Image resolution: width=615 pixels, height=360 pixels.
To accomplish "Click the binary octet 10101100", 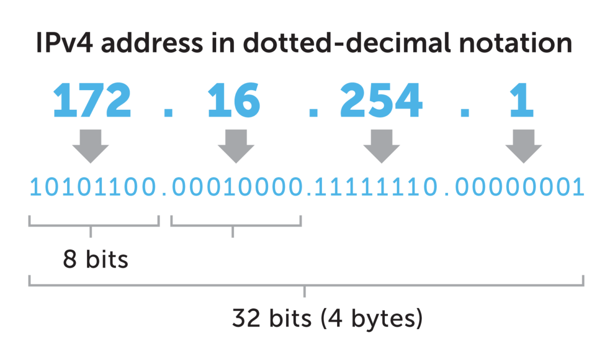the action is click(x=94, y=188).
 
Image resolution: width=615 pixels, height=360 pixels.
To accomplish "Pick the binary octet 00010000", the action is click(x=236, y=188).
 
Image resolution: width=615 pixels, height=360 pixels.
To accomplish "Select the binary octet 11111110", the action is click(x=376, y=188).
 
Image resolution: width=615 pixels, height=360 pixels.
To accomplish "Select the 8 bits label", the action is click(x=95, y=260).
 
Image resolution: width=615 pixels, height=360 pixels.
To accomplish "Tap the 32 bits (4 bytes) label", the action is click(x=327, y=318).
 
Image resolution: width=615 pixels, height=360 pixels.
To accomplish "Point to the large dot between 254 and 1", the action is click(x=465, y=113).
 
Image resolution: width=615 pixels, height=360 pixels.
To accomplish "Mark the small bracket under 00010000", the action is click(x=236, y=224).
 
